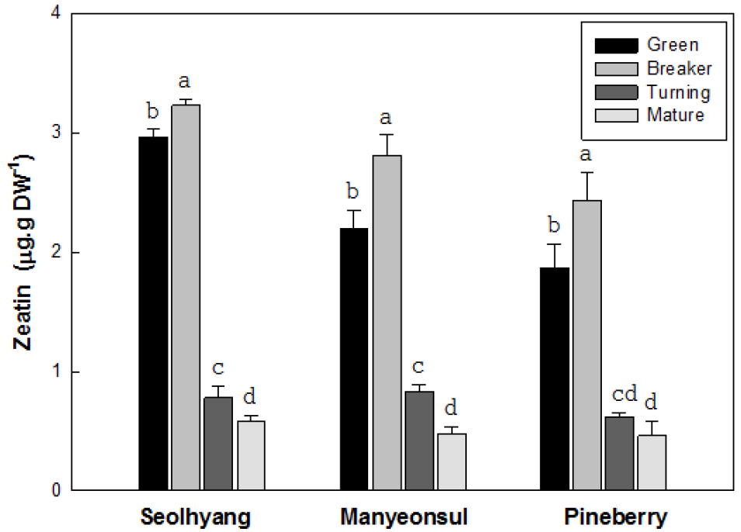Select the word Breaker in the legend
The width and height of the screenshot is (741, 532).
click(679, 68)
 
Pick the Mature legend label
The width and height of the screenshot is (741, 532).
click(675, 116)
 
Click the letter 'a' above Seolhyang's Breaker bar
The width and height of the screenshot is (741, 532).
click(185, 81)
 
